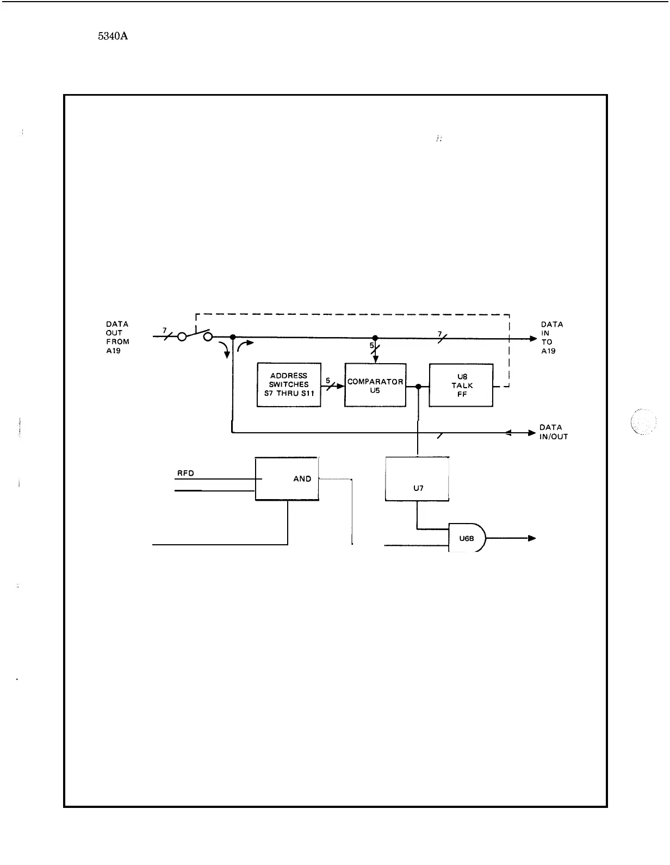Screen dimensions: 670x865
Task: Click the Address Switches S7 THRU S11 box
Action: click(289, 384)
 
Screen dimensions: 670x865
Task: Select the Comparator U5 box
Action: click(375, 385)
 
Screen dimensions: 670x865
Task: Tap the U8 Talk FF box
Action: click(461, 385)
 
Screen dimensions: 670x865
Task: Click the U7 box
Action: click(417, 479)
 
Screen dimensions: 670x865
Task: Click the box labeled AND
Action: click(287, 478)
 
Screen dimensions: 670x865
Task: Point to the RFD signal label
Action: click(186, 473)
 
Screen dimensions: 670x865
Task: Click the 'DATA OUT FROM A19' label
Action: click(117, 337)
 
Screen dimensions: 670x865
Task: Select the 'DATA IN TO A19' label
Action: click(551, 338)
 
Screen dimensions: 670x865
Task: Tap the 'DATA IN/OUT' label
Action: click(554, 432)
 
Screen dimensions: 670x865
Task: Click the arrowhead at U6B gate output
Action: click(531, 538)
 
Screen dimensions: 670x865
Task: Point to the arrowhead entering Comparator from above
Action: click(375, 358)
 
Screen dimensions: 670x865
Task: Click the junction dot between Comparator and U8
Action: click(418, 386)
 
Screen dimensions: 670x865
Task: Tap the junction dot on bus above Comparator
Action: click(375, 338)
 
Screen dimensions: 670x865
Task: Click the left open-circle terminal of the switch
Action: click(182, 337)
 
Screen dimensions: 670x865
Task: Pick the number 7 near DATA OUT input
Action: click(165, 330)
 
